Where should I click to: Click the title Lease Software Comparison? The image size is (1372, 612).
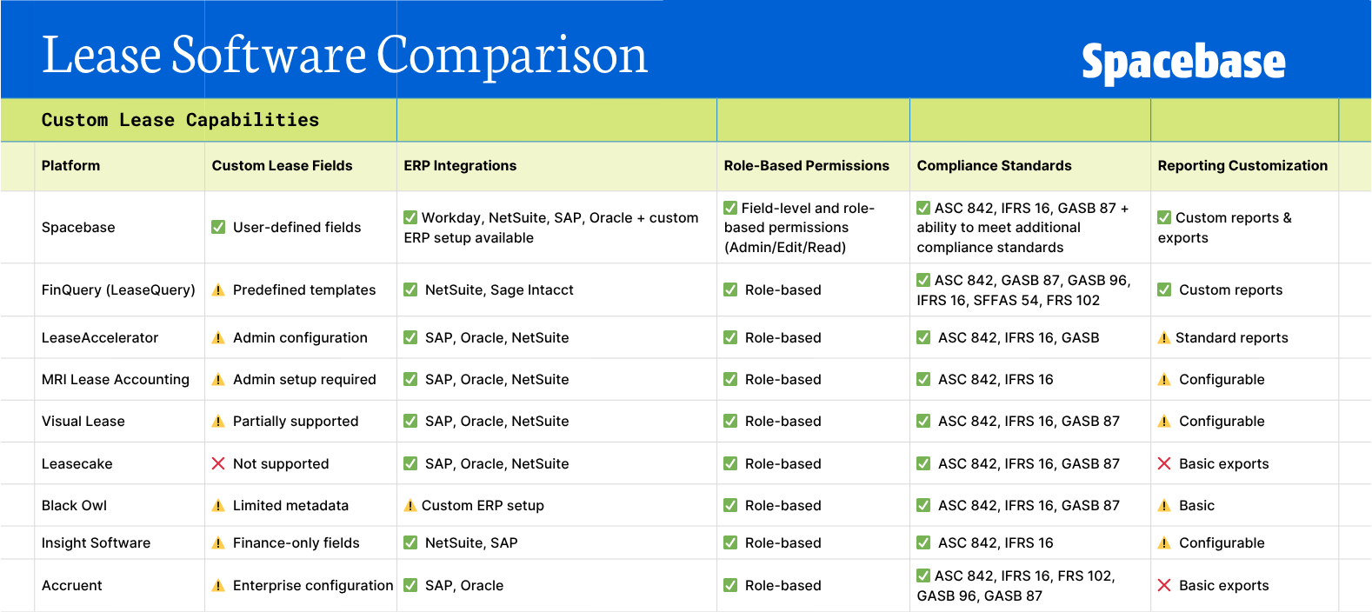[x=344, y=55]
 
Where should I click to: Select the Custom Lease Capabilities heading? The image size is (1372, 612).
[x=180, y=120]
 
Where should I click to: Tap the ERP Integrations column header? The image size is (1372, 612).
[x=460, y=165]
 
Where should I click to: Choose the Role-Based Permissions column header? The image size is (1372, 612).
[x=806, y=165]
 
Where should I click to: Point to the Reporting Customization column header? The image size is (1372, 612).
[x=1242, y=165]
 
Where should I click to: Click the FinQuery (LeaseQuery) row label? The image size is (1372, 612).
[x=118, y=289]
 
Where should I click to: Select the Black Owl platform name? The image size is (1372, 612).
[x=75, y=505]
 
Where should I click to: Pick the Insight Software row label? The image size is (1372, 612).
[x=96, y=542]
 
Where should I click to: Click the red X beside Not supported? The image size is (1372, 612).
[x=218, y=463]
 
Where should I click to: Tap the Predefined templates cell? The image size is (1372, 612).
[x=304, y=289]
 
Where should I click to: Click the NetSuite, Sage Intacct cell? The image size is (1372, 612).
[x=499, y=289]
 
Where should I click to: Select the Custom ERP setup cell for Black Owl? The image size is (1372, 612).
[x=483, y=505]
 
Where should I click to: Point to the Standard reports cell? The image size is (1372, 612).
[x=1231, y=337]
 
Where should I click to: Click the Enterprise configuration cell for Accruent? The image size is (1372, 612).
[x=313, y=585]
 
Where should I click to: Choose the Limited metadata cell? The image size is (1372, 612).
[x=290, y=505]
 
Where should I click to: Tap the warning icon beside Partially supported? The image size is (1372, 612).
[x=218, y=422]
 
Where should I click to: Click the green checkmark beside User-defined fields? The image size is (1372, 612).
[x=218, y=227]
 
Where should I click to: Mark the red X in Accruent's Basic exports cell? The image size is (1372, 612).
[x=1164, y=585]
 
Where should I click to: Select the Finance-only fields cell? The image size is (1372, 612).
[x=296, y=542]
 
